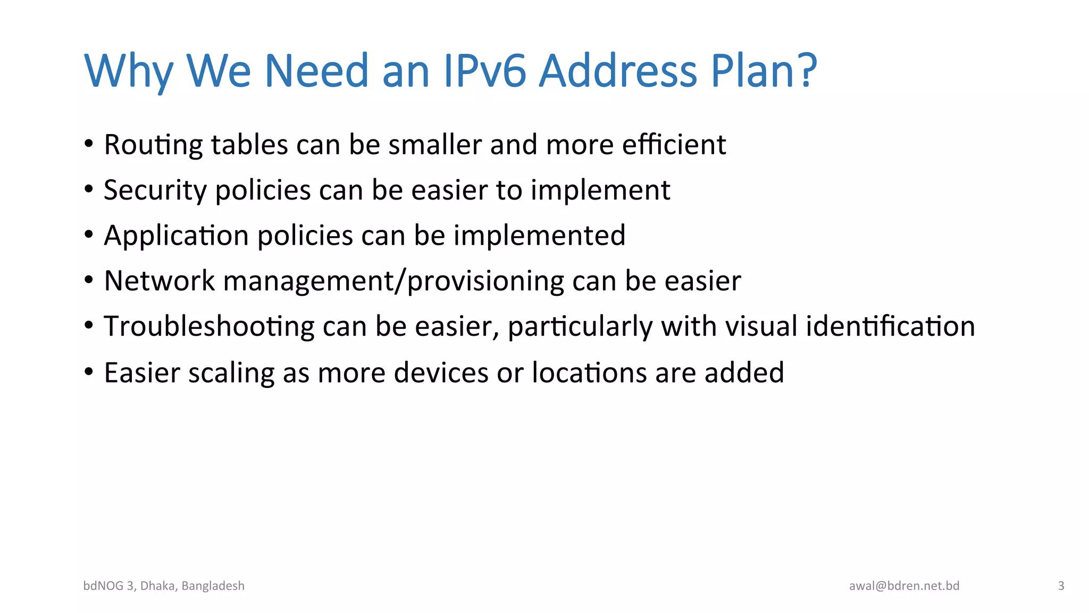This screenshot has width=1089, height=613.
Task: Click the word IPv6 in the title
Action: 484,71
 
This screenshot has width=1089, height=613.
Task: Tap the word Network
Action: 160,280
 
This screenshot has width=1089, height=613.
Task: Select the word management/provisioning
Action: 393,281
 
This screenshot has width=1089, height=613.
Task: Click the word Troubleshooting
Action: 209,327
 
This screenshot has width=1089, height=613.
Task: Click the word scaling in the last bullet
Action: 231,373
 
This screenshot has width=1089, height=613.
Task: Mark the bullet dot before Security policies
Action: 89,188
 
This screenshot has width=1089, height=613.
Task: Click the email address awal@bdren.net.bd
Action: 904,586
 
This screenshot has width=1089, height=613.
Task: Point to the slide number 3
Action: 1061,586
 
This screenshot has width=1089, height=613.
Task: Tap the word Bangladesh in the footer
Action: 213,586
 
